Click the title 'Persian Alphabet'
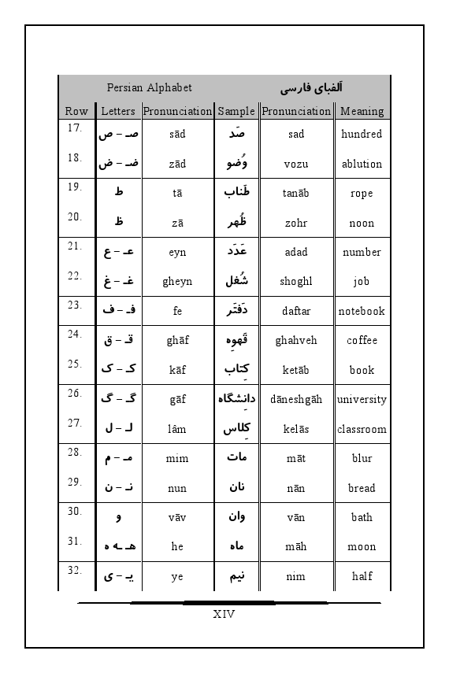click(149, 87)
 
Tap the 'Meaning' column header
click(362, 111)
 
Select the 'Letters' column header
click(118, 111)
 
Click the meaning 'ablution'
click(362, 164)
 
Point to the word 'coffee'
click(362, 340)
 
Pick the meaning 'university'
click(362, 399)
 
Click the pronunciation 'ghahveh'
click(296, 340)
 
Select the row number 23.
click(75, 305)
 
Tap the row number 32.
click(75, 571)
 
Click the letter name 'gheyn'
click(177, 281)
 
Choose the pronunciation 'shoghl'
click(296, 281)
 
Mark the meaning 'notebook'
click(362, 311)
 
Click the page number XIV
click(224, 613)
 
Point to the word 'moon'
click(362, 546)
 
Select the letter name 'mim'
click(177, 458)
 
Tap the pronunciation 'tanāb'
click(296, 194)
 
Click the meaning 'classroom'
click(362, 429)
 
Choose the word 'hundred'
click(362, 134)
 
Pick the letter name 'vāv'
click(177, 517)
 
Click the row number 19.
click(75, 187)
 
